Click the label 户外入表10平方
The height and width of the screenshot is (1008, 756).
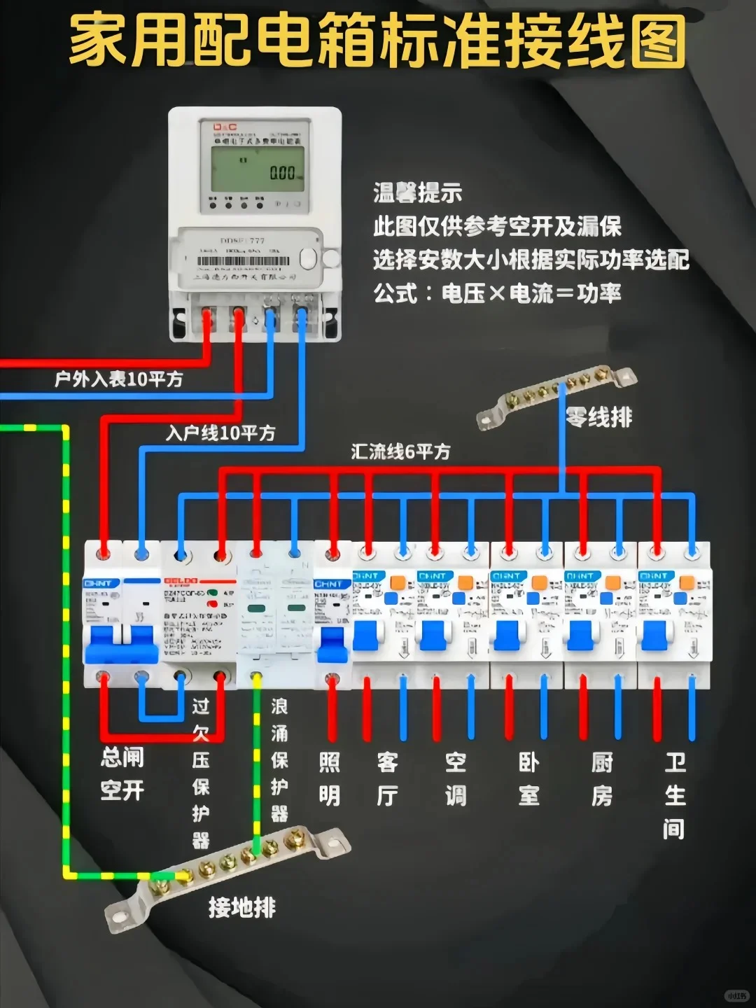tap(118, 379)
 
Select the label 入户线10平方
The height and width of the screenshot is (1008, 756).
tap(220, 433)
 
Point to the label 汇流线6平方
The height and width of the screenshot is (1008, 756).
tap(400, 451)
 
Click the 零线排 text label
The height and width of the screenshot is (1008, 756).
tap(598, 418)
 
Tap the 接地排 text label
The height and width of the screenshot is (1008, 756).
tap(242, 908)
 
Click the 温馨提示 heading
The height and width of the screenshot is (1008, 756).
tap(417, 193)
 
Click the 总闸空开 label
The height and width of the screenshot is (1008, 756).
tap(122, 773)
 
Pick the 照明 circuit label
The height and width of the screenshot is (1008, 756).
tap(330, 778)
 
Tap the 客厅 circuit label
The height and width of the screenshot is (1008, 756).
tap(387, 778)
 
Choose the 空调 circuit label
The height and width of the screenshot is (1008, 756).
tap(456, 778)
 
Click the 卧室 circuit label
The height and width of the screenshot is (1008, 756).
tap(528, 778)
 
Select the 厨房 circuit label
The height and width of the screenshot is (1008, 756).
tap(601, 778)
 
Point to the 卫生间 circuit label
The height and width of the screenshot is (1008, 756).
tap(674, 794)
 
